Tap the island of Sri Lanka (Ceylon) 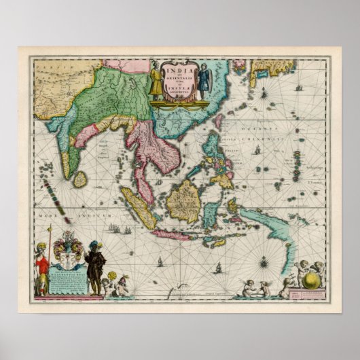80,179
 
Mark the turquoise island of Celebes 213,212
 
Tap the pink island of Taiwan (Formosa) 219,122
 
